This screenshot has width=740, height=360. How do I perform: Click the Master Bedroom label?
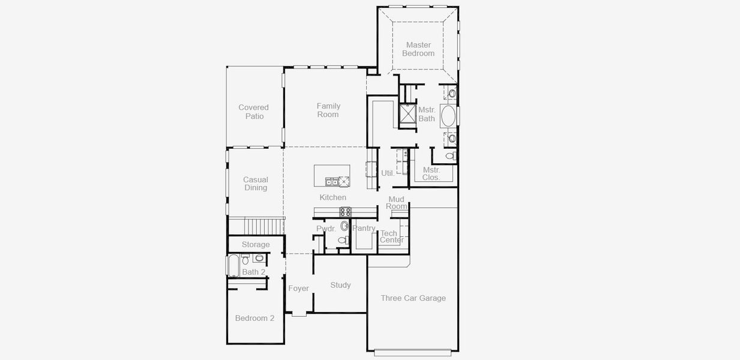pos(418,49)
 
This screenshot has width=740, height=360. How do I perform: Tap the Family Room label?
pos(328,110)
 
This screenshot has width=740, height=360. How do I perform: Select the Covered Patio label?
pos(254,112)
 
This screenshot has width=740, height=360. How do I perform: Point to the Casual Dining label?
pos(256,184)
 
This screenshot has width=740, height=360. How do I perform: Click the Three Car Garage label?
pos(414,298)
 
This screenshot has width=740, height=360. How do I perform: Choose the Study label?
pos(341,285)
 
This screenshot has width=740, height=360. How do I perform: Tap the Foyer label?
pos(299,289)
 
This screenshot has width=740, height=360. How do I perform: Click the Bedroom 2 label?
pos(254,318)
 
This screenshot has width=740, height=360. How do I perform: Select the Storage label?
pos(256,244)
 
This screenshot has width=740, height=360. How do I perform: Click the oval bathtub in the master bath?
pos(448,116)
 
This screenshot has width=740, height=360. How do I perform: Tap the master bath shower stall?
pos(408,113)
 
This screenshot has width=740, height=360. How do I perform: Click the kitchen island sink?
pos(332,182)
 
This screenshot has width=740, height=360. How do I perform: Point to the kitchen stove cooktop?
pos(346,212)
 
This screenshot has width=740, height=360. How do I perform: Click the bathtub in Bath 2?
pos(233,265)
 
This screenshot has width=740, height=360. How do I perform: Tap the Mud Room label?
pos(397,203)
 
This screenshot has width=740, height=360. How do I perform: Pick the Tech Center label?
pos(392,236)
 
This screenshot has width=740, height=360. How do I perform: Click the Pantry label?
pos(364,228)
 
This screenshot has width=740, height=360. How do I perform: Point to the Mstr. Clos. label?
pos(432,173)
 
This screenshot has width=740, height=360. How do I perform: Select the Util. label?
pos(388,173)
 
